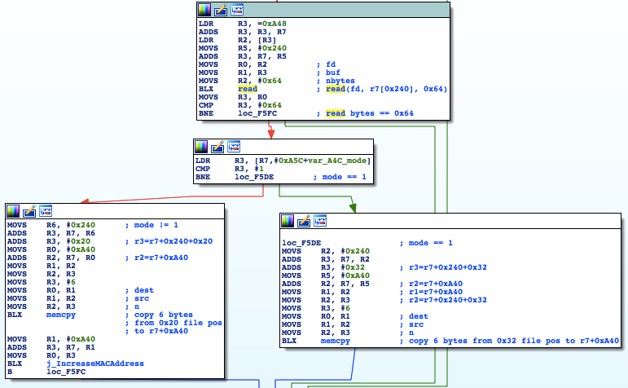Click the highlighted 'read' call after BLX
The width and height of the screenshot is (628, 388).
[248, 89]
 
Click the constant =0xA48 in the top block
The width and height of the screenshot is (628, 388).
[272, 24]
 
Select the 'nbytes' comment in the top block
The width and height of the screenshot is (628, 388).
[340, 81]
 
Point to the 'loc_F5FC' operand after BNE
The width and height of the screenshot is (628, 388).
[257, 113]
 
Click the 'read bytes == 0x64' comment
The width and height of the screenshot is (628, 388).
[370, 113]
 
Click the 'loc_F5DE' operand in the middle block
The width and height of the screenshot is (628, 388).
[254, 177]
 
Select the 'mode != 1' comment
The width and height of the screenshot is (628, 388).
[156, 225]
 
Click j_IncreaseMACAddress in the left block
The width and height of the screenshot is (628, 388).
[95, 364]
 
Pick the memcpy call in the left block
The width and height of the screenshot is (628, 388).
[61, 315]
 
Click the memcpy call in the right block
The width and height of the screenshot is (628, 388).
[336, 341]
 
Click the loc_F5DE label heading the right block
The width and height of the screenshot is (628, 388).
[301, 243]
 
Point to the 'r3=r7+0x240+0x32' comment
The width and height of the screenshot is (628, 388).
[448, 267]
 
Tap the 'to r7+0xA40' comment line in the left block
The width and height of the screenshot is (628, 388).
[161, 331]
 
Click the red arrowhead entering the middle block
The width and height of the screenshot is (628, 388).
[271, 134]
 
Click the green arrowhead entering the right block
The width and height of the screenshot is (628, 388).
[353, 208]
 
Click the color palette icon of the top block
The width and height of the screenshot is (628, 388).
[204, 10]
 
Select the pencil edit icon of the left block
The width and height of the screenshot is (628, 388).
[29, 211]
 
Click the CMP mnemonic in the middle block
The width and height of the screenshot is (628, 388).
[203, 169]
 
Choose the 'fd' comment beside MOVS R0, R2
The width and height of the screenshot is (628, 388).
[331, 64]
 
